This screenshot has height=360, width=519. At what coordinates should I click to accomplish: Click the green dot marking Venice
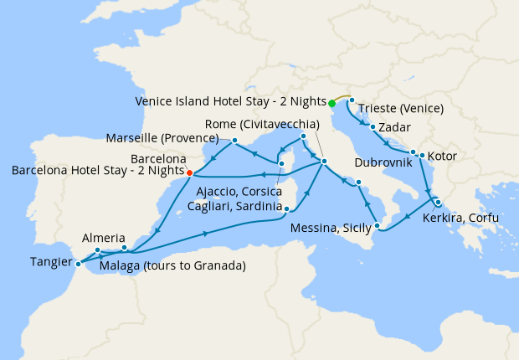[x=331, y=103]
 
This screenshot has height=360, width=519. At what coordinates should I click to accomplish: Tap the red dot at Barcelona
[x=190, y=173]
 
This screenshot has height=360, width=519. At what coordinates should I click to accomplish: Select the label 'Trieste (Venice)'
[x=401, y=108]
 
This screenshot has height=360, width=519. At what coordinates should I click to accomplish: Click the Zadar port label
[x=395, y=127]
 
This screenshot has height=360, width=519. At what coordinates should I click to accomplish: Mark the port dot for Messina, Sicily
[x=378, y=225]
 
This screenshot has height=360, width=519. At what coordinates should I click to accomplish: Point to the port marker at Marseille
[x=235, y=140]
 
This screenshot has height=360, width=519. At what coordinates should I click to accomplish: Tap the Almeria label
[x=104, y=238]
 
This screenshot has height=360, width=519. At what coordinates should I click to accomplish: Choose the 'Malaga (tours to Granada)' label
[x=172, y=266]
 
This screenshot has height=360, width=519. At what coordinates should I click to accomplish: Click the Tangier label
[x=50, y=260]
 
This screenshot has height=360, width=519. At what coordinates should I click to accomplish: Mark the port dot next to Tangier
[x=77, y=264]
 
